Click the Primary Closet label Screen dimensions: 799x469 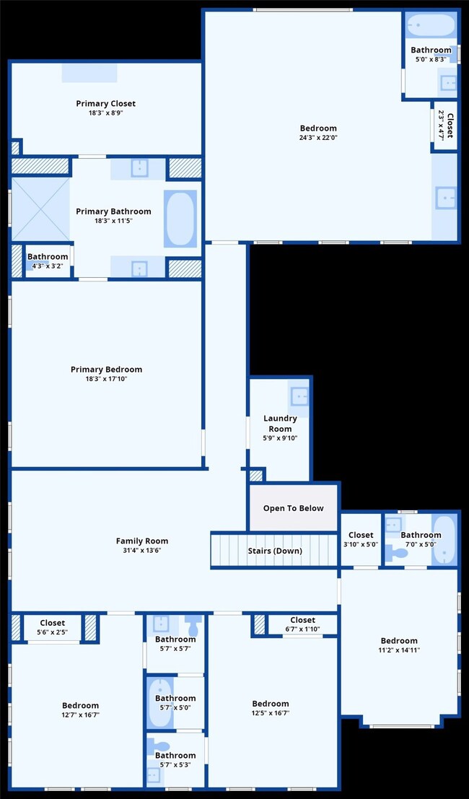[x=105, y=104]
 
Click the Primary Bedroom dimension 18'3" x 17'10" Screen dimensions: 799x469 [x=106, y=379]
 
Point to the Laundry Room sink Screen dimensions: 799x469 [x=299, y=396]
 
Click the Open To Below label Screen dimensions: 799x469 [x=293, y=508]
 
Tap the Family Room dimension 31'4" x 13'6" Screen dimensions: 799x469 [x=142, y=551]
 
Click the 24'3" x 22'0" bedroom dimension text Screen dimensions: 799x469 [x=318, y=138]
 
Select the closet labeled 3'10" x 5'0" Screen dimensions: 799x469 [x=361, y=540]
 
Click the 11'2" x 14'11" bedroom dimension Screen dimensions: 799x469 [x=399, y=650]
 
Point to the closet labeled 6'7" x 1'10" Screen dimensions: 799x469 [x=302, y=624]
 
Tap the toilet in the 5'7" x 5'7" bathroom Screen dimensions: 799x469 [x=193, y=621]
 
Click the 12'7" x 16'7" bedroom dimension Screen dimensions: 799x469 [x=80, y=715]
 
